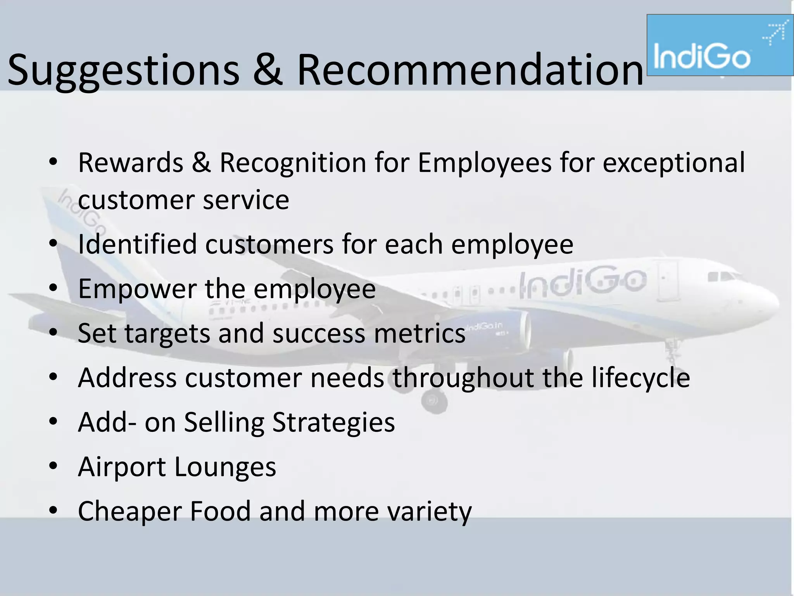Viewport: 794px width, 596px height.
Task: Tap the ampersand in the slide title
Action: [x=267, y=70]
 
